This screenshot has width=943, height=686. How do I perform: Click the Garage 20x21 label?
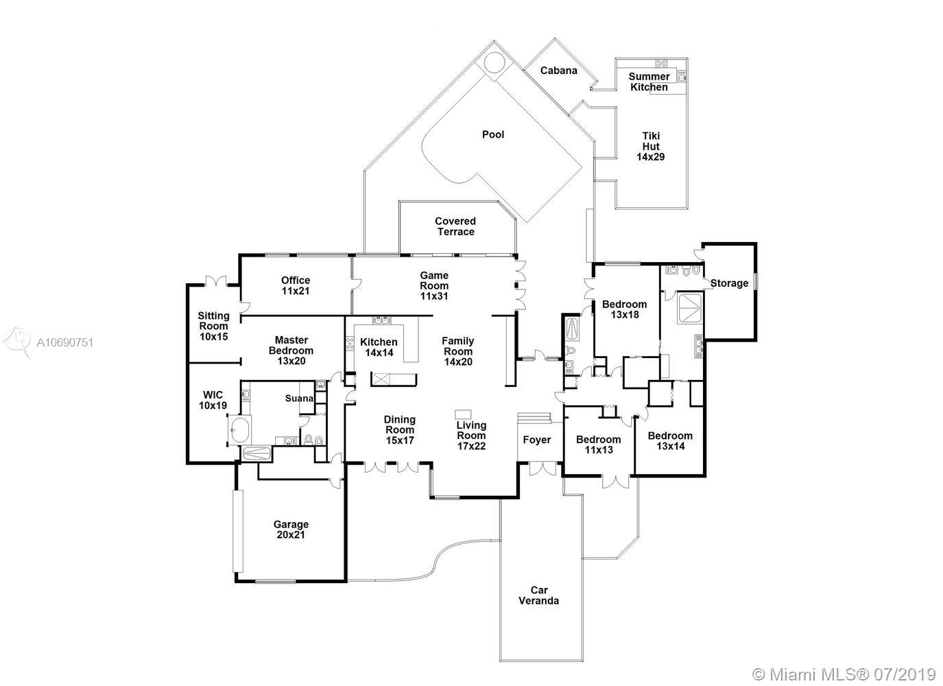[x=291, y=530]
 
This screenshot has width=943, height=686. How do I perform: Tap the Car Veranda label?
[x=538, y=595]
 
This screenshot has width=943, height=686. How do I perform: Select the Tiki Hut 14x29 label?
[x=650, y=146]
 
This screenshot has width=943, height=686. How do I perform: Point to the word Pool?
[x=493, y=134]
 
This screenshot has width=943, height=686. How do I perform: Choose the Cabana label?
[x=558, y=71]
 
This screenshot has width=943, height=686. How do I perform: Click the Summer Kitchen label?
[x=649, y=82]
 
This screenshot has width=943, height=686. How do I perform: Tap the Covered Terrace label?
[x=455, y=226]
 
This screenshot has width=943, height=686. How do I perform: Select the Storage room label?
[x=729, y=283]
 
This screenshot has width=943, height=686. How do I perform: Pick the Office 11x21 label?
[x=296, y=285]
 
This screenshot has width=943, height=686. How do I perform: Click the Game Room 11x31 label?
[x=434, y=285]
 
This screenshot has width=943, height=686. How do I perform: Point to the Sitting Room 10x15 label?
[x=213, y=326]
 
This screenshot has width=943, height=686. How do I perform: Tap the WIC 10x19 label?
[x=213, y=400]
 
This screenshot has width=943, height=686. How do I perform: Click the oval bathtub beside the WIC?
[x=240, y=430]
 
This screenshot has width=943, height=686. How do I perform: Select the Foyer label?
[x=537, y=440]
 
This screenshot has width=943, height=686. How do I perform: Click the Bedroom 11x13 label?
[x=598, y=445]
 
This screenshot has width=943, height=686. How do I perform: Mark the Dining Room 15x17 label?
[x=399, y=430]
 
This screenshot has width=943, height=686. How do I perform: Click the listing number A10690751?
[x=64, y=342]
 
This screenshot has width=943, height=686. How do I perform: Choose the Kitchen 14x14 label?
[x=379, y=347]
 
